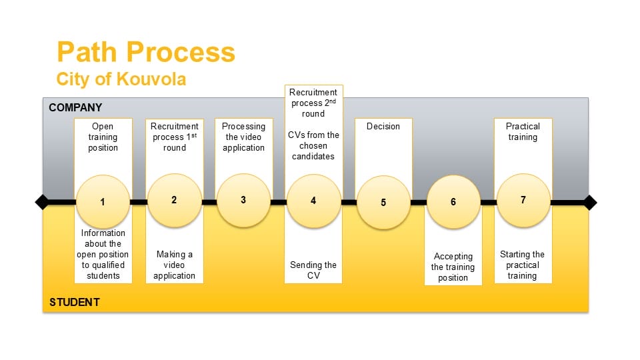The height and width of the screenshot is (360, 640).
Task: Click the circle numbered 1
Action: tap(103, 201)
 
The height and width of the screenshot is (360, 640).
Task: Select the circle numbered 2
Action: tap(174, 200)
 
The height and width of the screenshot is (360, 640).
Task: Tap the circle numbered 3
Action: tap(244, 200)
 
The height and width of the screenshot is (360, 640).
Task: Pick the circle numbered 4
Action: tap(313, 201)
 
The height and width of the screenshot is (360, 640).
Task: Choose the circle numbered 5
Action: tap(383, 203)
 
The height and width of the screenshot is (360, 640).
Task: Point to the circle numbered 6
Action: tap(453, 201)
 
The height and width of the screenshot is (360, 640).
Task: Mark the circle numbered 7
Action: tap(523, 200)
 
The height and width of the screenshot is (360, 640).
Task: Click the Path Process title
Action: tap(146, 52)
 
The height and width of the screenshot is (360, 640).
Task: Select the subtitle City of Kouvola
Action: tap(121, 79)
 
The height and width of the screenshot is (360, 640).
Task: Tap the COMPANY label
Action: tap(75, 107)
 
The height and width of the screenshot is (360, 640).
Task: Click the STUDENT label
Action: tap(75, 303)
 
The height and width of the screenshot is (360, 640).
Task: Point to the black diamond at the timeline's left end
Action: tap(43, 202)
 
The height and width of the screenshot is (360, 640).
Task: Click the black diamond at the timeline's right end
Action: tap(589, 203)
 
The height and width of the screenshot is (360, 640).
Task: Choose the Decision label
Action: tap(383, 127)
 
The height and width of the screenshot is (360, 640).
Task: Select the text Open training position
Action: tap(103, 137)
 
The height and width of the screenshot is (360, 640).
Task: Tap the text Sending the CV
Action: tap(313, 270)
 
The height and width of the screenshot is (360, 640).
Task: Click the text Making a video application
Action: tap(174, 265)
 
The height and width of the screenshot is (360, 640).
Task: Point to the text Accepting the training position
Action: tap(453, 267)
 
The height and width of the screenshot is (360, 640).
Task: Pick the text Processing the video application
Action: tap(244, 137)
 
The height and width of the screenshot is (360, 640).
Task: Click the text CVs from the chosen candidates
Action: tap(313, 146)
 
